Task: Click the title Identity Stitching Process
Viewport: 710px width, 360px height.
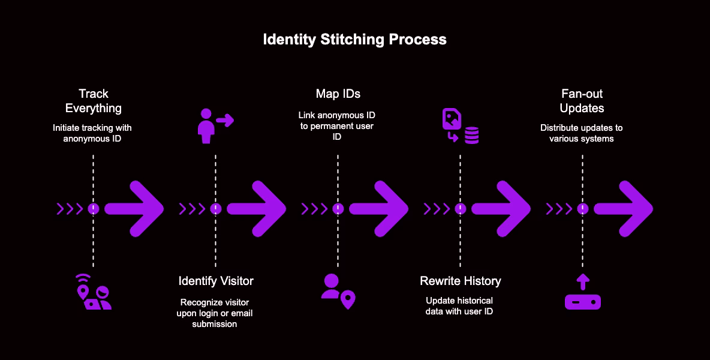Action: (x=354, y=40)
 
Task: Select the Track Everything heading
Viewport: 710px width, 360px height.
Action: (x=93, y=101)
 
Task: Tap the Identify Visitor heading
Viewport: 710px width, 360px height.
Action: (x=216, y=281)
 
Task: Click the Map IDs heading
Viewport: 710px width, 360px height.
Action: (x=338, y=94)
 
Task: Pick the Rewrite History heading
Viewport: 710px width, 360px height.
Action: (x=460, y=281)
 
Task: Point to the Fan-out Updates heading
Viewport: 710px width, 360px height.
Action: (x=582, y=101)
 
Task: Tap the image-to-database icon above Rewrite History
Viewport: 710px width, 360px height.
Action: (x=460, y=126)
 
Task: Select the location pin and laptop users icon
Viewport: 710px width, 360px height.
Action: (x=93, y=292)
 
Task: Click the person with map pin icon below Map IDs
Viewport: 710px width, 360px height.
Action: (x=338, y=291)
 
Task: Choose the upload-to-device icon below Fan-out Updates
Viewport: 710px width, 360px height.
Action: (x=582, y=292)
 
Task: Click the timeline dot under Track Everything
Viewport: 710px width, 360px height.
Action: (x=93, y=209)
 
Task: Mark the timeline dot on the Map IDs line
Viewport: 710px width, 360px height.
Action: (x=338, y=209)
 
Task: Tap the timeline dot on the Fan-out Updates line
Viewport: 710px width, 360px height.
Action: (x=582, y=209)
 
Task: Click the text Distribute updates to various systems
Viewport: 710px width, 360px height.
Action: (x=582, y=133)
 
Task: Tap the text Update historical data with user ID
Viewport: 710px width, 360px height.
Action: (x=460, y=305)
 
